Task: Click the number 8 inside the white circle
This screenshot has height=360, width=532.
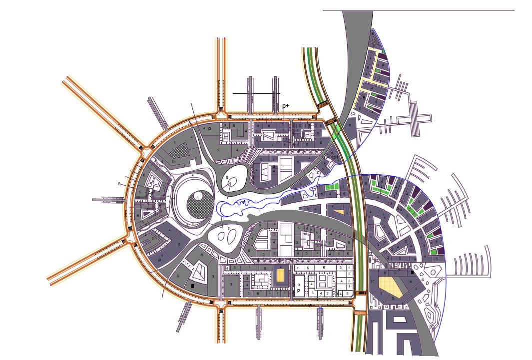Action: tap(198, 197)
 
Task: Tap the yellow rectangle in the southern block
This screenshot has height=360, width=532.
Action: tap(280, 275)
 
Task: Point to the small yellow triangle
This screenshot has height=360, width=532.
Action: tap(339, 212)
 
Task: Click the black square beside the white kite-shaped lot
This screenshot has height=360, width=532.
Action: tap(193, 286)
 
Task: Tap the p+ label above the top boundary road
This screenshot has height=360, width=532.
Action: tap(286, 106)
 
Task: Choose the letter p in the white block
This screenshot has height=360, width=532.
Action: tap(298, 290)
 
